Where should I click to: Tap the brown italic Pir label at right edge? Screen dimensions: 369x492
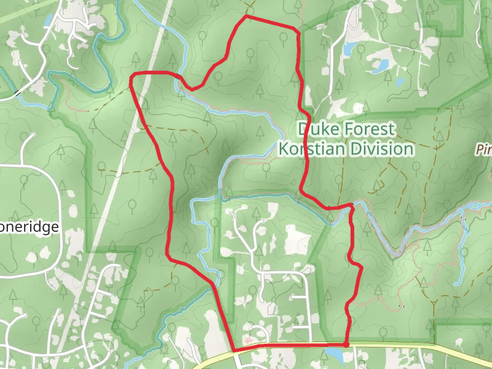[x=484, y=149]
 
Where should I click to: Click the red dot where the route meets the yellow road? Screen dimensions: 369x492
[x=346, y=344]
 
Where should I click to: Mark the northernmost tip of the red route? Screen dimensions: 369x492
[x=246, y=17]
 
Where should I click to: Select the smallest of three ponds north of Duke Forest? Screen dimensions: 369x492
[x=400, y=81]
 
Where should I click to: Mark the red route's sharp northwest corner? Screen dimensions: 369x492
[x=132, y=76]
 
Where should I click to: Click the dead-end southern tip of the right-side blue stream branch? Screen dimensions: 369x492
[x=457, y=283]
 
